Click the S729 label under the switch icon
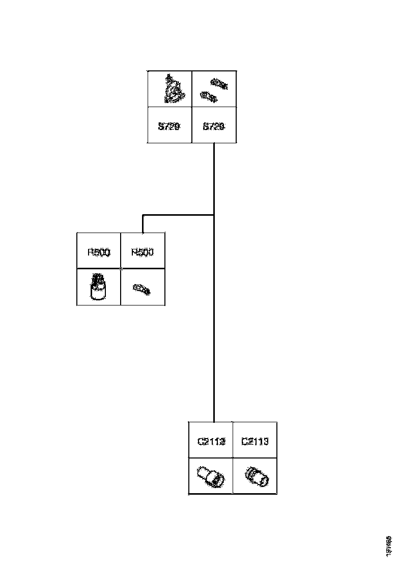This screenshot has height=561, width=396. point(169,126)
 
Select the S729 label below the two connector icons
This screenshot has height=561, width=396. point(214,126)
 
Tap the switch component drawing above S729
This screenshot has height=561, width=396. point(174,89)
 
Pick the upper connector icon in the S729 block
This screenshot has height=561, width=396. point(219,84)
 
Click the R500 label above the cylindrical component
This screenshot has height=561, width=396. point(99,252)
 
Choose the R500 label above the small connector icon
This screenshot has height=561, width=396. point(143,252)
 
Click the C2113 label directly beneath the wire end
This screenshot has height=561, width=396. point(211,441)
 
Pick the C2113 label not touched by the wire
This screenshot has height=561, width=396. point(254,441)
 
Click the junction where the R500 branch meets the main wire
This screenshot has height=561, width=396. point(214,215)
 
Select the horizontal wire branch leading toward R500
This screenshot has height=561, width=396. point(178,215)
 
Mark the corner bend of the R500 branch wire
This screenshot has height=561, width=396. point(143,216)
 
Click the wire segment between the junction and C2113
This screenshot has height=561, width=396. point(214,316)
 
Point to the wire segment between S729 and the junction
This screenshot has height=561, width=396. point(214,178)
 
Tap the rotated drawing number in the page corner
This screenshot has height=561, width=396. point(388,545)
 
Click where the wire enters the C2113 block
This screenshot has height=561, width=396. point(214,421)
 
